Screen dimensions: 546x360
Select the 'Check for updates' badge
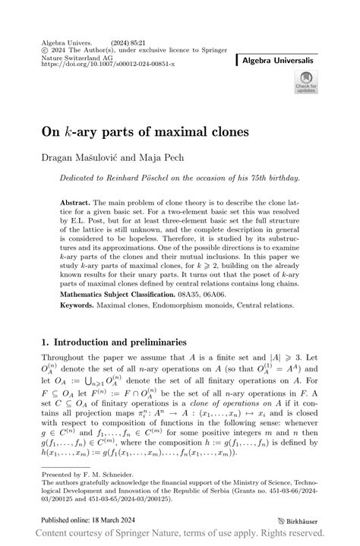pyautogui.click(x=306, y=83)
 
